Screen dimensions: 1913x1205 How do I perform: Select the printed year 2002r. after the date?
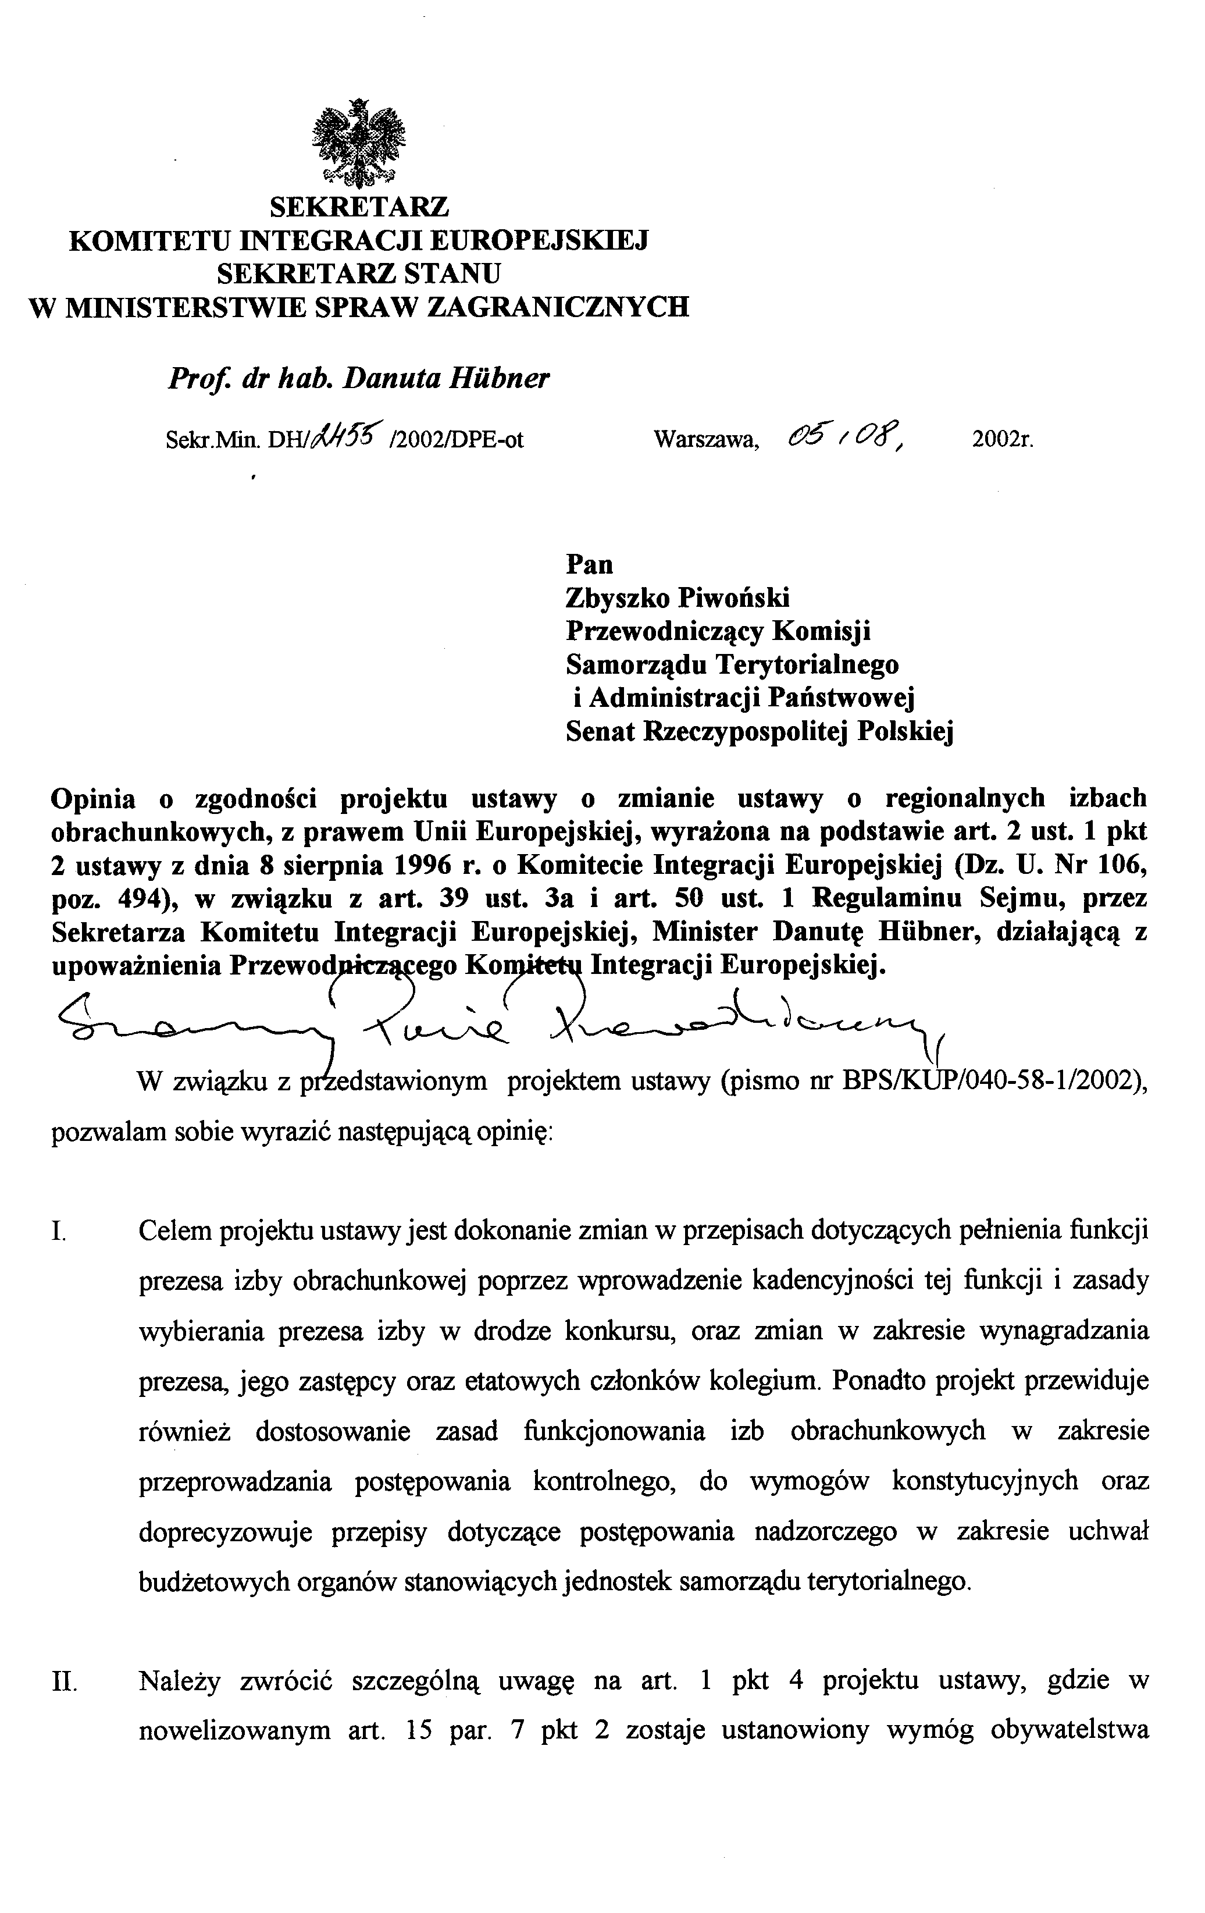click(1003, 439)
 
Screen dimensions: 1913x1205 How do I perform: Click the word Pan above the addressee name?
click(589, 564)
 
